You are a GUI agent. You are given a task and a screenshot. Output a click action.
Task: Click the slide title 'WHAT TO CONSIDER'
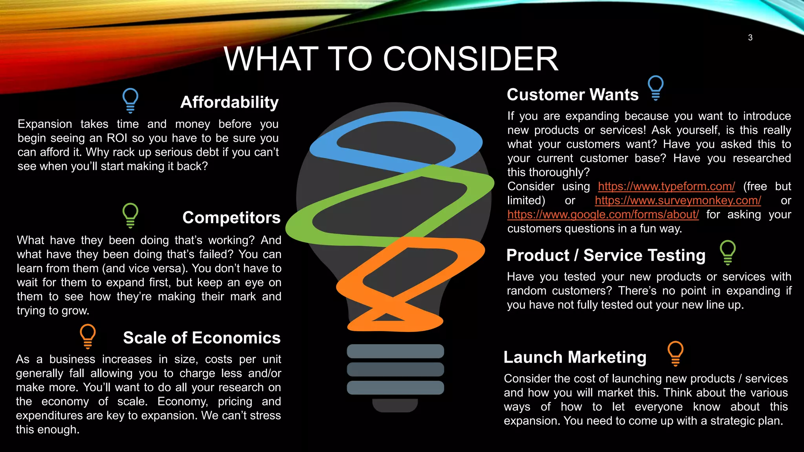[391, 59]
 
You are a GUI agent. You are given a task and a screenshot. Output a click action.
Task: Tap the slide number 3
[750, 38]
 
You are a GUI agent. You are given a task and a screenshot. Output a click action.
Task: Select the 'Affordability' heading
[229, 102]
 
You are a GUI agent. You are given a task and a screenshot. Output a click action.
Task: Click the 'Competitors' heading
[231, 218]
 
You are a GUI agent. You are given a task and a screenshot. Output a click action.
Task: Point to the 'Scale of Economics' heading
[202, 338]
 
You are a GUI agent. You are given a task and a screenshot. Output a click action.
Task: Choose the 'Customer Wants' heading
[572, 95]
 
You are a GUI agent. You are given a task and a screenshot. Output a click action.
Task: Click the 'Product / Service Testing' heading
[606, 255]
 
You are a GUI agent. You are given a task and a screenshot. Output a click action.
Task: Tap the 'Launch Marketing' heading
[575, 357]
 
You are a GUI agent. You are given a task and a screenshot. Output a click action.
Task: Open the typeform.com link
[666, 186]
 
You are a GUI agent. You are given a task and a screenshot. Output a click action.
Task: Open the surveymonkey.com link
[678, 200]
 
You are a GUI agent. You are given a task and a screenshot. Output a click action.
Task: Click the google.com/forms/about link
[603, 215]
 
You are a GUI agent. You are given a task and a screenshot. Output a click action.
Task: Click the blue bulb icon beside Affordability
[130, 100]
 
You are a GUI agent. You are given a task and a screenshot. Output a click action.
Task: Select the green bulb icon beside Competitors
[130, 215]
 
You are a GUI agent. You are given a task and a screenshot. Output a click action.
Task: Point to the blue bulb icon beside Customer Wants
[655, 88]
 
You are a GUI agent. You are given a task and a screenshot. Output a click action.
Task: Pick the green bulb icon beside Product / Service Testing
[727, 252]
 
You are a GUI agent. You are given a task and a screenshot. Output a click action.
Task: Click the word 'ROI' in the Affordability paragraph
[117, 138]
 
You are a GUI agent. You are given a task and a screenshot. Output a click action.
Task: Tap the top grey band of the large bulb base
[395, 351]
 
